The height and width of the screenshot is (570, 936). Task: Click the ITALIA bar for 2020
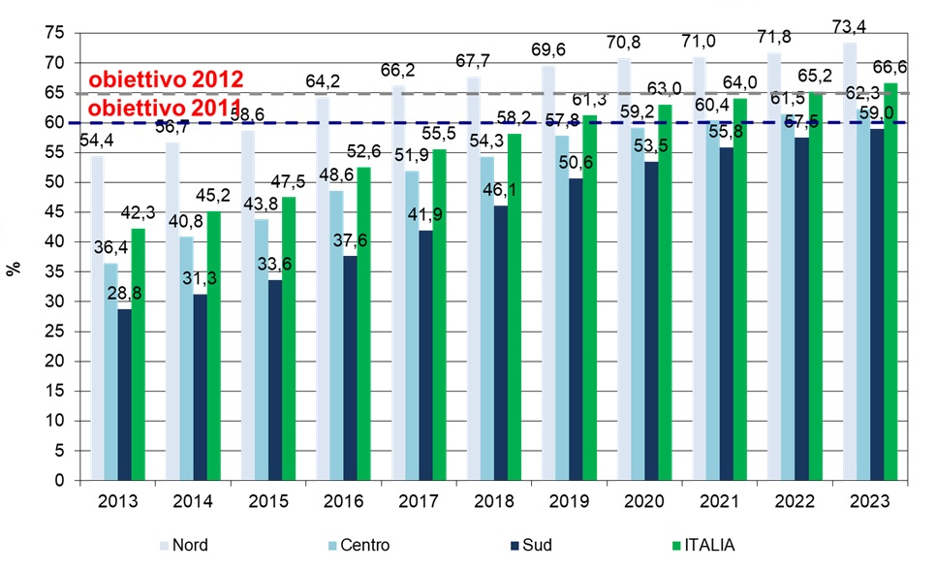click(657, 292)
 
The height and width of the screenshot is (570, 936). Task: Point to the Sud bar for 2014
click(199, 387)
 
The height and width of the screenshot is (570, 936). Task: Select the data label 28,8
click(124, 293)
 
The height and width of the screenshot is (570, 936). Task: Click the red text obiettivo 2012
click(165, 79)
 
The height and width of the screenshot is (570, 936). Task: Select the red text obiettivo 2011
click(165, 108)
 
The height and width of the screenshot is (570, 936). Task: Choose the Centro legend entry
click(359, 546)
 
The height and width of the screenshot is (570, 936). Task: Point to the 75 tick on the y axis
click(56, 33)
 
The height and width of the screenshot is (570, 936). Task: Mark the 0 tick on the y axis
click(60, 481)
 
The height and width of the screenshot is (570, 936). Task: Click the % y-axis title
click(14, 268)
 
